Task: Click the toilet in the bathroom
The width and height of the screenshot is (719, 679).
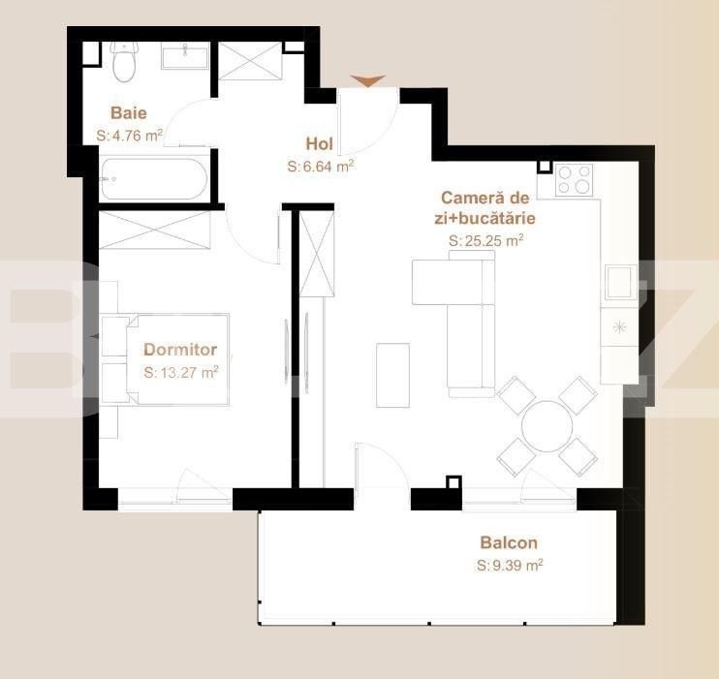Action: click(x=124, y=63)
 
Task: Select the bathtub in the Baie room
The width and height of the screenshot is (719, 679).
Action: click(x=153, y=179)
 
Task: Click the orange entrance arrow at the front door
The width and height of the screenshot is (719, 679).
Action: click(x=367, y=81)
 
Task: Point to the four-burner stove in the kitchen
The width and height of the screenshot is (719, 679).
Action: click(x=574, y=179)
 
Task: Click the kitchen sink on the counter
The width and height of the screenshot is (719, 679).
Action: click(x=617, y=283)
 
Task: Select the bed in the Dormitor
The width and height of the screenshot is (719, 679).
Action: click(x=165, y=359)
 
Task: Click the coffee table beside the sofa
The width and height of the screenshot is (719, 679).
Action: click(x=392, y=375)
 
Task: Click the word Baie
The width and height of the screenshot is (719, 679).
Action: click(x=128, y=112)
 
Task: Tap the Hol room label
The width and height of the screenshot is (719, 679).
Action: click(x=319, y=144)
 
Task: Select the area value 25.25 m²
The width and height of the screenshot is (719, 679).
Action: click(x=486, y=241)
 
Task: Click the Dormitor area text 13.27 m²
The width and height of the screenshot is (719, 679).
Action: click(x=181, y=371)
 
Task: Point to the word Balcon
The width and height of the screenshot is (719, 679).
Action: click(x=508, y=543)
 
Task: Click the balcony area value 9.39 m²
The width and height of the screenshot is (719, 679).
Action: click(x=510, y=566)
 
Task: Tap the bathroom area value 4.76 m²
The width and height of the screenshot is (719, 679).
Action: click(x=129, y=136)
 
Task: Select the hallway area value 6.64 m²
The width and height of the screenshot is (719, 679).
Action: click(x=321, y=167)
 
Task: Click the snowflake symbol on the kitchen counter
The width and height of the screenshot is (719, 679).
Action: click(x=618, y=327)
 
